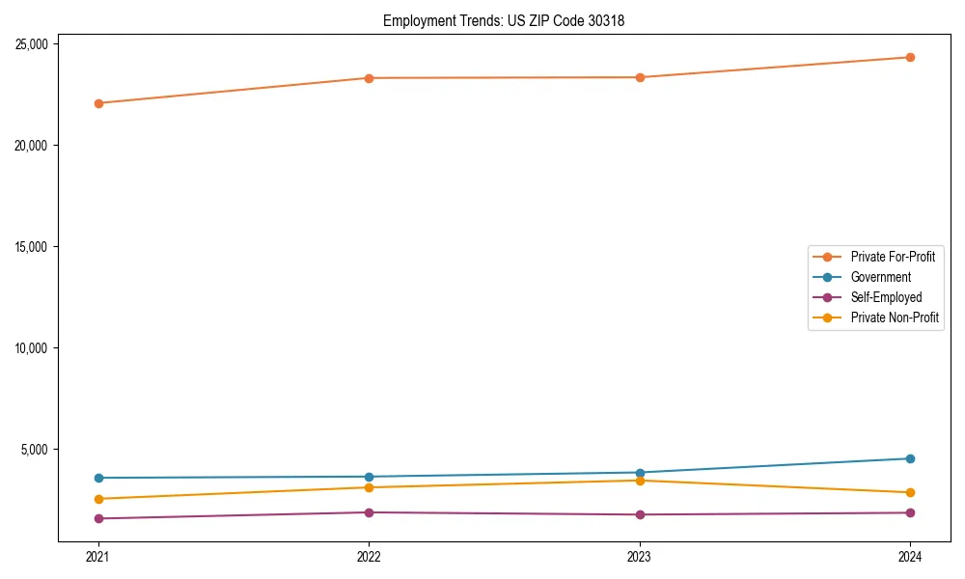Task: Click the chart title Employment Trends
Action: tap(503, 20)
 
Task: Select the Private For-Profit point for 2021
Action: tap(98, 103)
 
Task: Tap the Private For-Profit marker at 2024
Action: tap(910, 57)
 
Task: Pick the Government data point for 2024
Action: tap(910, 458)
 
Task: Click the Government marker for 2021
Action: tap(98, 478)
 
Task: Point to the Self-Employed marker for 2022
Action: tap(369, 512)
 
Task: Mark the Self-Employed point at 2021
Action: tap(98, 518)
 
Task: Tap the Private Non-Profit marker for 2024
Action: tap(910, 492)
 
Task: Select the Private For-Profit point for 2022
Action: tap(369, 78)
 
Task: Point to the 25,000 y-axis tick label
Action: tap(35, 44)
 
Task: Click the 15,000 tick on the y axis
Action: tap(35, 247)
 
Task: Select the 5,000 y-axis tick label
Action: tap(38, 450)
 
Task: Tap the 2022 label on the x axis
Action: tap(369, 557)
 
